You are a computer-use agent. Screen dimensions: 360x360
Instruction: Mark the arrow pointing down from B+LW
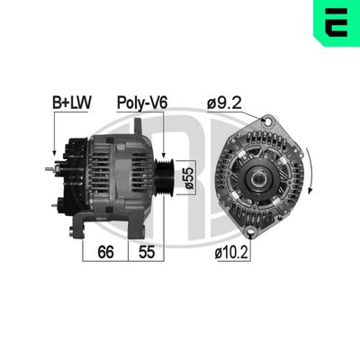[54, 135]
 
